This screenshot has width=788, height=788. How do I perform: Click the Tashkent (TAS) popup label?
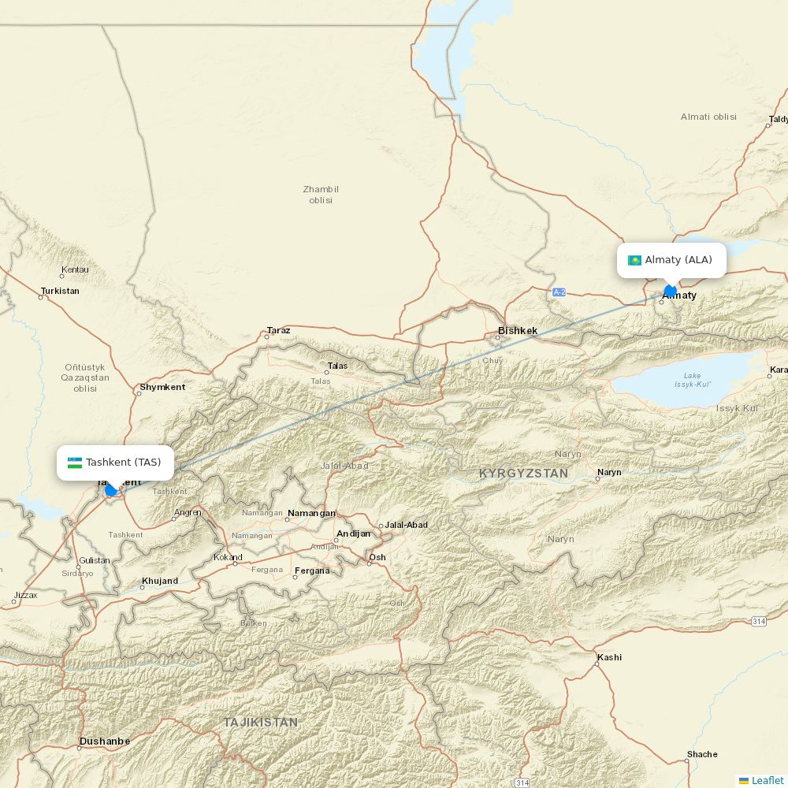click(x=123, y=463)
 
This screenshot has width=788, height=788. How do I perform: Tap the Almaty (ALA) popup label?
click(x=678, y=260)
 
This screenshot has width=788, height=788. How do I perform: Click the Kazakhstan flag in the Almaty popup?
click(x=634, y=261)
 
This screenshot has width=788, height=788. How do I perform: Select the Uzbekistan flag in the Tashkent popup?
click(x=75, y=463)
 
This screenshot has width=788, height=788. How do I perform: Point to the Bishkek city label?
click(x=518, y=331)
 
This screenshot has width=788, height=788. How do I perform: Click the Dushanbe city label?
click(x=104, y=742)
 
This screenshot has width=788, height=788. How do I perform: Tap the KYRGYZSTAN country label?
click(x=523, y=474)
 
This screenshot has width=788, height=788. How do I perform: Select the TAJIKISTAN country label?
click(x=260, y=722)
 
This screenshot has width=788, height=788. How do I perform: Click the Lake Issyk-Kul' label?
click(x=693, y=380)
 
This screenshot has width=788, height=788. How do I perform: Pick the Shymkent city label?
click(x=162, y=387)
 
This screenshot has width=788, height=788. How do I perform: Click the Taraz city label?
click(x=278, y=330)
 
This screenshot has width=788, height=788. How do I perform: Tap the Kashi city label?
click(x=609, y=657)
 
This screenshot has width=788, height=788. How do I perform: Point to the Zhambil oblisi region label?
click(x=321, y=195)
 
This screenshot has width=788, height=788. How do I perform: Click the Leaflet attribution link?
click(x=767, y=780)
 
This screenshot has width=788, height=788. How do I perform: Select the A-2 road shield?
click(x=559, y=292)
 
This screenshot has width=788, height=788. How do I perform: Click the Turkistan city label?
click(x=60, y=291)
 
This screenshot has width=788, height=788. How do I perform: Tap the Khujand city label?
click(x=160, y=582)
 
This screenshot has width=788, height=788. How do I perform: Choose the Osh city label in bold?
click(x=377, y=557)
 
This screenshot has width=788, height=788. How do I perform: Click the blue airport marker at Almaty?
click(x=671, y=291)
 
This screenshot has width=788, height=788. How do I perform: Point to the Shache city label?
click(x=702, y=754)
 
